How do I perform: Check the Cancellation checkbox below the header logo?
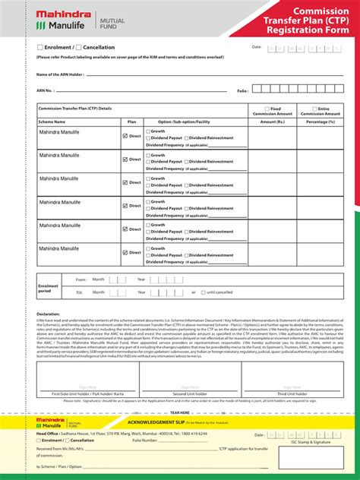[x=78, y=47]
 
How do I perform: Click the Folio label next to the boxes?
[x=242, y=90]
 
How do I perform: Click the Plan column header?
[x=131, y=122]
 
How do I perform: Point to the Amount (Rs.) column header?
[x=274, y=122]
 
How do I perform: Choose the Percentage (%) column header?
[x=321, y=122]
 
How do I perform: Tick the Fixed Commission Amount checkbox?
[x=267, y=108]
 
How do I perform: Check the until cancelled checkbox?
[x=203, y=292]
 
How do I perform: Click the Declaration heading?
[x=48, y=314]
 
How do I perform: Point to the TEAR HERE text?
[x=180, y=412]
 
